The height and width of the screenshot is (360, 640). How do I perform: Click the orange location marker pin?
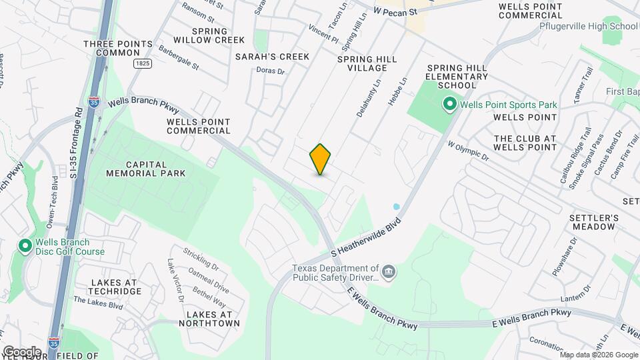(x=321, y=159)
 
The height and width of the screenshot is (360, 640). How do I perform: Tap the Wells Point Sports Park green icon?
(x=449, y=105)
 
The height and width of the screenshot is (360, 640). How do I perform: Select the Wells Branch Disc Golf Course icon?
(x=25, y=247)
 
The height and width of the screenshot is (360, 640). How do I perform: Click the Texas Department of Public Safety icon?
(x=390, y=272)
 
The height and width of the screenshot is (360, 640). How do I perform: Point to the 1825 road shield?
(x=141, y=63)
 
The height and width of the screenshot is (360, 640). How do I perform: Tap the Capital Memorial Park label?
(x=145, y=168)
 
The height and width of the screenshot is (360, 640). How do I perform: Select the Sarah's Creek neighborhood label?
(x=272, y=57)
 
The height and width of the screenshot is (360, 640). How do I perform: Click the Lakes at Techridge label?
(x=114, y=287)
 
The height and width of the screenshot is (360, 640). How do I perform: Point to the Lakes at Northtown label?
(x=213, y=319)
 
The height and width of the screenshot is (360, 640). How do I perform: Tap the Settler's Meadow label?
(x=593, y=223)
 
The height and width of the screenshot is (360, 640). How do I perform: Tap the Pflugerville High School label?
(x=589, y=27)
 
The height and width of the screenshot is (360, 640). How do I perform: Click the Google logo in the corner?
(x=21, y=351)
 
